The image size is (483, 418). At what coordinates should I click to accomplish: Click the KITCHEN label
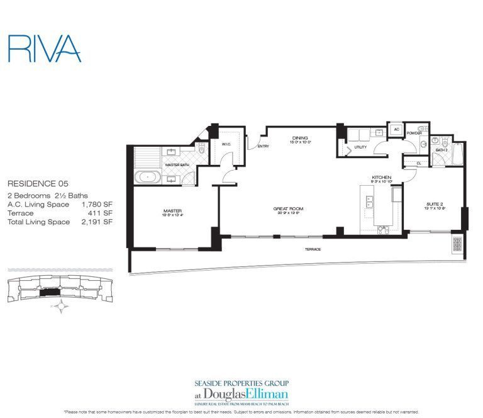click(381, 178)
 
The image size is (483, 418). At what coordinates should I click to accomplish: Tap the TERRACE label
click(313, 249)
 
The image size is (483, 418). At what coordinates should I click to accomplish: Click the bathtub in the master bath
click(148, 178)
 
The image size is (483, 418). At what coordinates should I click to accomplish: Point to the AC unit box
click(396, 129)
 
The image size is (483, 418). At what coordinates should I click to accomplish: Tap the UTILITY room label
click(360, 147)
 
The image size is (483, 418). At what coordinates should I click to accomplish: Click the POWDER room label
click(414, 133)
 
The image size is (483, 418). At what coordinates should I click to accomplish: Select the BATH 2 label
click(441, 150)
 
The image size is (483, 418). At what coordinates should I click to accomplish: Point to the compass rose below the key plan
click(61, 307)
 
